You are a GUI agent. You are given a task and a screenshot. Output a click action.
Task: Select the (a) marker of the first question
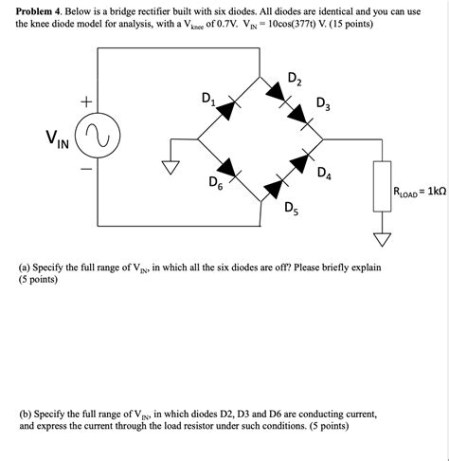[x=26, y=268]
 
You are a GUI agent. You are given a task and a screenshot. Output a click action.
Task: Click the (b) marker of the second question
[x=26, y=415]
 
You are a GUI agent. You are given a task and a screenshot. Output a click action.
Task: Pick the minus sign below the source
[x=86, y=173]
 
